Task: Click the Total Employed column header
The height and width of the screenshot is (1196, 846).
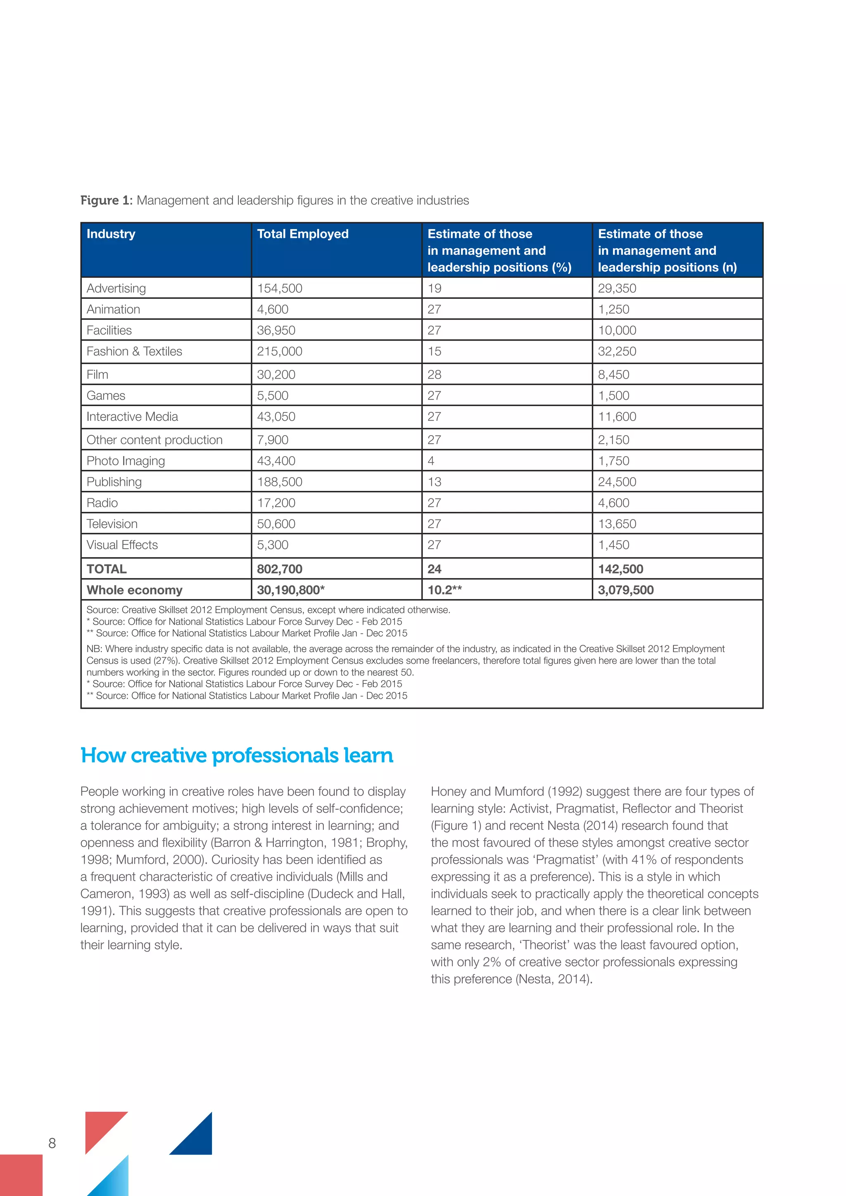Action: coord(302,234)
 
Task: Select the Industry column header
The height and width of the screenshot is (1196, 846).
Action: coord(111,234)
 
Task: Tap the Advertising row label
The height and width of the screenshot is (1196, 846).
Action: coord(116,288)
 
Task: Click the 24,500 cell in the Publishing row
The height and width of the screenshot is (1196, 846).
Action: coord(617,482)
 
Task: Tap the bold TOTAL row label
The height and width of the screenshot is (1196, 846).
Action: coord(106,569)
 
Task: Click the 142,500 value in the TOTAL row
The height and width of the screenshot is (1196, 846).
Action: coord(620,569)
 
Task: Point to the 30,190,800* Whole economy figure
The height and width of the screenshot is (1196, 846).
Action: coord(290,590)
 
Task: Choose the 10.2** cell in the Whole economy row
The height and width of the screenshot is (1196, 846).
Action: coord(444,590)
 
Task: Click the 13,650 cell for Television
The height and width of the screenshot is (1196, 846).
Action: coord(617,524)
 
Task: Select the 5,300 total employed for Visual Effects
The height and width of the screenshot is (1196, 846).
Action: coord(272,545)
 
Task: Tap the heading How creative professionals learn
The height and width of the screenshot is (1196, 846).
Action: coord(237,755)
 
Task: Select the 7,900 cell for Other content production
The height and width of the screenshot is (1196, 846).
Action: coord(272,440)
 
